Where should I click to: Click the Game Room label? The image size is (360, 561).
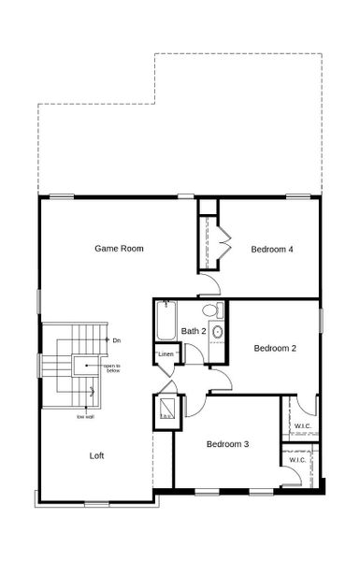[x=119, y=249]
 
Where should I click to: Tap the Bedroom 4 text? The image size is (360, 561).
[x=272, y=250]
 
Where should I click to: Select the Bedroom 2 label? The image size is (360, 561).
[x=275, y=348]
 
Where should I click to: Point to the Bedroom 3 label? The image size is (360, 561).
[x=227, y=443]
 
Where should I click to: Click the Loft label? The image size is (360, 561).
[x=96, y=455]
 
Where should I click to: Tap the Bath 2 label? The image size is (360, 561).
[x=194, y=331]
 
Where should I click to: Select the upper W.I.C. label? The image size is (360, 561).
[x=302, y=426]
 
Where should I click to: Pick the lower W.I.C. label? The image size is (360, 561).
[x=297, y=460]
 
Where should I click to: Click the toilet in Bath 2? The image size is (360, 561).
[x=211, y=309]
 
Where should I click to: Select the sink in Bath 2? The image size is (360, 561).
[x=218, y=332]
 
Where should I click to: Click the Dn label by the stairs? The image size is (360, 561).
[x=117, y=339]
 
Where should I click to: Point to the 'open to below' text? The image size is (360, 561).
[x=113, y=367]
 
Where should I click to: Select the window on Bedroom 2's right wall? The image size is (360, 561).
[x=321, y=319]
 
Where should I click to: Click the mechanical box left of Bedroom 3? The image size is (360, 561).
[x=167, y=409]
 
